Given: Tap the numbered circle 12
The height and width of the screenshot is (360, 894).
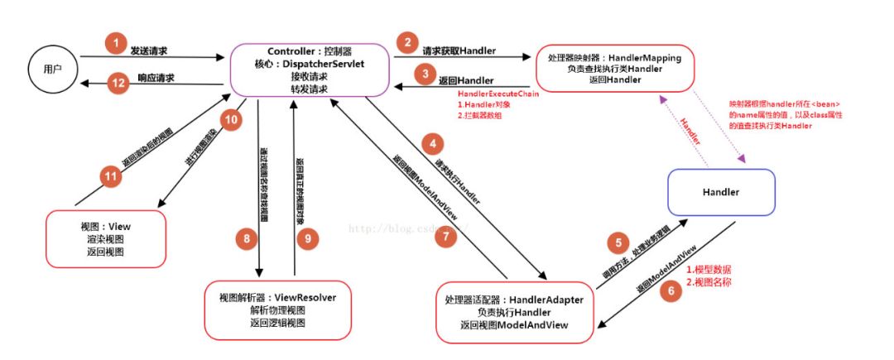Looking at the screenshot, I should click(118, 82).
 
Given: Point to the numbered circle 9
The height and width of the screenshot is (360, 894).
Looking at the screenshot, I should click(306, 238).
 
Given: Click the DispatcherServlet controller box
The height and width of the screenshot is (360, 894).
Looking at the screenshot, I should click(305, 70).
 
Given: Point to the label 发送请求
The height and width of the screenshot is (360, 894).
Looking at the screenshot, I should click(151, 50).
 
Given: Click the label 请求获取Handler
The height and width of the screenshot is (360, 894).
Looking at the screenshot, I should click(459, 50).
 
